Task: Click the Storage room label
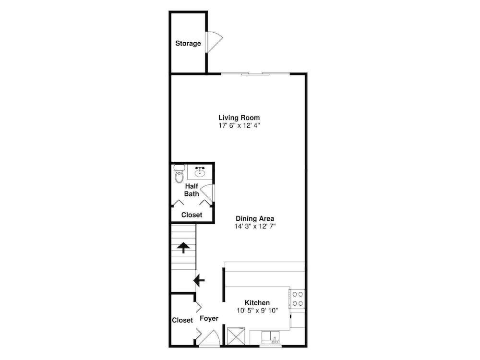point(188,44)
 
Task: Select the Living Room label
point(239,118)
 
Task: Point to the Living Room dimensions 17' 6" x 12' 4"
point(239,125)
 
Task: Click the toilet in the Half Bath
point(179,174)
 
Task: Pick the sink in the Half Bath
point(200,171)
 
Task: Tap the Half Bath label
point(192,190)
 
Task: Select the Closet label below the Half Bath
point(192,215)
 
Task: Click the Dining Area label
point(255,218)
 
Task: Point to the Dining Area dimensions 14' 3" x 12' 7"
point(255,226)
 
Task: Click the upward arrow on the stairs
point(183,247)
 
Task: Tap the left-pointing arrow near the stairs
point(199,280)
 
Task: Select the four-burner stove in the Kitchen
point(297,299)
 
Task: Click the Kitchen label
point(257,303)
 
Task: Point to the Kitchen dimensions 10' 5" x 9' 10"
point(257,311)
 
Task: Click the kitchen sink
point(271,337)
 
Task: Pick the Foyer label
point(209,318)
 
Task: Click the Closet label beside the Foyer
point(182,320)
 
